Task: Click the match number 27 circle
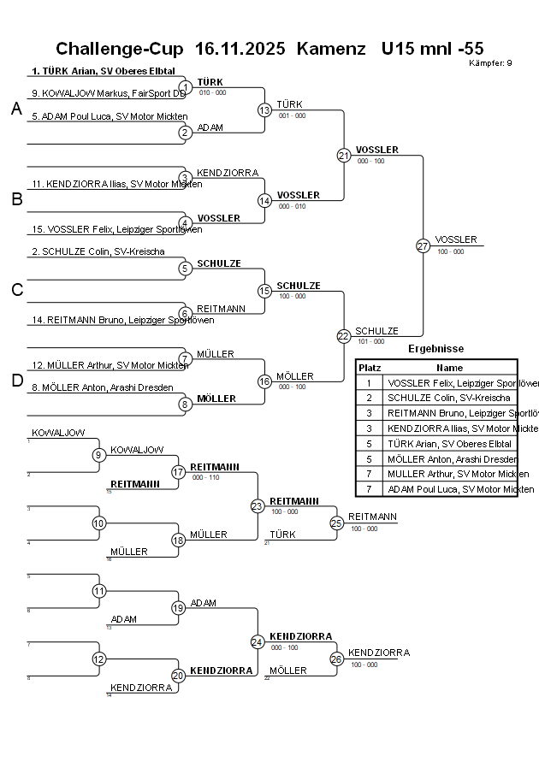(x=423, y=245)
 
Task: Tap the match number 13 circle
(x=264, y=109)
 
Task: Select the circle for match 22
(x=343, y=336)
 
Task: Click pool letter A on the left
(x=16, y=109)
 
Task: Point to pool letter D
(x=16, y=381)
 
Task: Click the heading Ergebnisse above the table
(x=435, y=349)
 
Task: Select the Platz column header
(x=370, y=367)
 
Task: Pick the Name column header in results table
(x=449, y=367)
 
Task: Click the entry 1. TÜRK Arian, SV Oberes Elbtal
(x=103, y=71)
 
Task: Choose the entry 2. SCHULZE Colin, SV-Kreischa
(x=98, y=251)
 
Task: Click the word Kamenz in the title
(x=331, y=49)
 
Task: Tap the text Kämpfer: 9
(x=490, y=63)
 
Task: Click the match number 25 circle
(x=336, y=522)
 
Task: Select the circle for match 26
(x=336, y=659)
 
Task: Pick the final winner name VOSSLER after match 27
(x=456, y=239)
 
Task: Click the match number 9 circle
(x=99, y=454)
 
